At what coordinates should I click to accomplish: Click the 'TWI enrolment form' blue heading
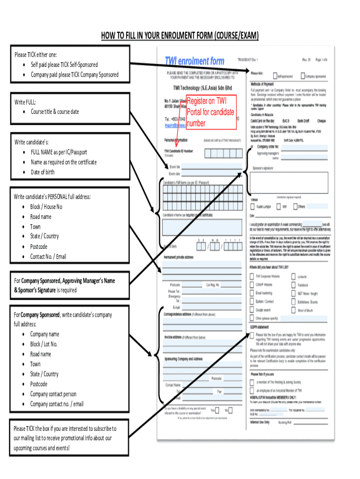click(194, 61)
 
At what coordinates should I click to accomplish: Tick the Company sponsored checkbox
click(302, 75)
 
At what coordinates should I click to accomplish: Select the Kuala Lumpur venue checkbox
click(253, 206)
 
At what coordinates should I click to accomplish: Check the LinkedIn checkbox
click(294, 276)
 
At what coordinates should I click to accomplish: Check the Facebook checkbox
click(294, 284)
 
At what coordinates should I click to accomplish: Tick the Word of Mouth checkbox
click(294, 310)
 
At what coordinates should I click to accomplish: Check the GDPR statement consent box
click(252, 335)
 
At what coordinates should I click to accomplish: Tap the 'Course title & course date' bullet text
click(55, 112)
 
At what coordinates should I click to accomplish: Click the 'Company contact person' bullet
click(53, 394)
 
